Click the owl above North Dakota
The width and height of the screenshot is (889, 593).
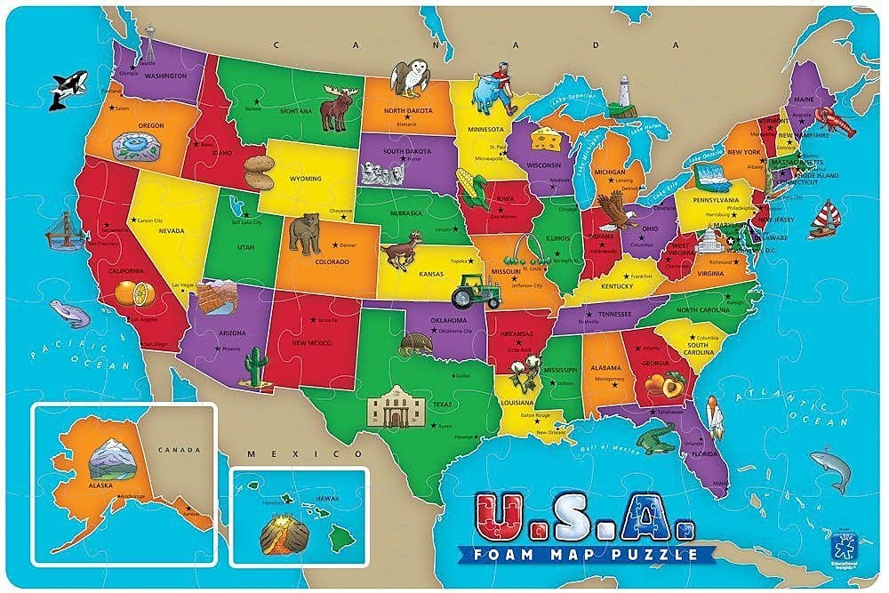pos(409,77)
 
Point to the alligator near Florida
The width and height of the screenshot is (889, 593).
pos(657,437)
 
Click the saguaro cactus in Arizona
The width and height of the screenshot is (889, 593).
pos(256,367)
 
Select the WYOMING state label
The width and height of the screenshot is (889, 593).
pos(306,179)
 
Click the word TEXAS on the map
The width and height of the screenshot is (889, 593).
pos(442,405)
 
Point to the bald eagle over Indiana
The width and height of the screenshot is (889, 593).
pos(613,214)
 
